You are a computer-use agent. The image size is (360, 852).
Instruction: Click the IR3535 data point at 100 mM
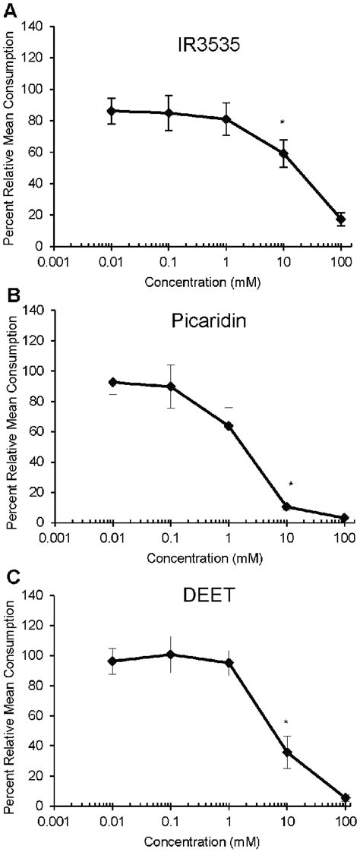(342, 219)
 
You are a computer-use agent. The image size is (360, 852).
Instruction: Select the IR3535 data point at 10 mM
(283, 153)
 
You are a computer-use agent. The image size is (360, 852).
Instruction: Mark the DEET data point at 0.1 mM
(170, 654)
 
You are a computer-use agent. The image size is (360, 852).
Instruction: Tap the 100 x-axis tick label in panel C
(344, 823)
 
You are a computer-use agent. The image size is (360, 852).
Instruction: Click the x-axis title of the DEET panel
(199, 841)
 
